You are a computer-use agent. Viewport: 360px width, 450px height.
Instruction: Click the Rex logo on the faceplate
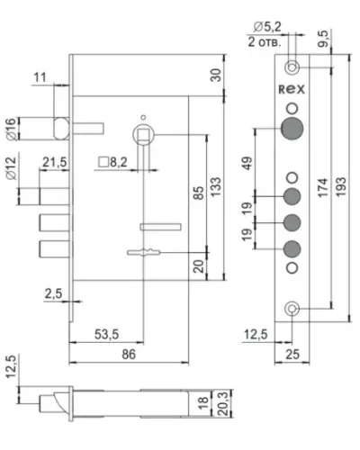pos(292,89)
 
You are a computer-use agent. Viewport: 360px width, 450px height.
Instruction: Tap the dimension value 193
pos(341,187)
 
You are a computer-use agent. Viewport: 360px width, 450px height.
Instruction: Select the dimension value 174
pos(323,188)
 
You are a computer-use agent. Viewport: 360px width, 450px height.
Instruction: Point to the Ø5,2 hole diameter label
pos(267,27)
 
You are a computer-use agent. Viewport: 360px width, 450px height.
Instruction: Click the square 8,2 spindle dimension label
pos(112,162)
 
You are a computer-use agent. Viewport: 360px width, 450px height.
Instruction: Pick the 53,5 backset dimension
pos(107,334)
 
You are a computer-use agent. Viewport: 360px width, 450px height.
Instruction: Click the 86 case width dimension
pos(129,355)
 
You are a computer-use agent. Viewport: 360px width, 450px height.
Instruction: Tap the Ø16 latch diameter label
pos(11,129)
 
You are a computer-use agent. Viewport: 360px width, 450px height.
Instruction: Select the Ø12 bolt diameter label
pos(11,168)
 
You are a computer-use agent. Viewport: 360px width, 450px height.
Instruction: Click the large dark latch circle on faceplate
pos(292,129)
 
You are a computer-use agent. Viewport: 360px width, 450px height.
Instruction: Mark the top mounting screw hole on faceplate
pos(292,67)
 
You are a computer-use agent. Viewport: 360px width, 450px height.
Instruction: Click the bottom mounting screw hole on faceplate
pos(292,309)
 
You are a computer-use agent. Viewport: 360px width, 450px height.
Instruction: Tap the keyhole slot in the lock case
pos(144,252)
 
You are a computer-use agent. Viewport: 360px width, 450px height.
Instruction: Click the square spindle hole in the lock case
pos(143,134)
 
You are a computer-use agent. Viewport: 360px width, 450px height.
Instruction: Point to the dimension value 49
pos(247,163)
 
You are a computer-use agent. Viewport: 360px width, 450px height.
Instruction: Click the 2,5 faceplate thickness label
pos(54,293)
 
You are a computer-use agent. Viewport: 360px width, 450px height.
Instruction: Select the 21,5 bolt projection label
pos(55,162)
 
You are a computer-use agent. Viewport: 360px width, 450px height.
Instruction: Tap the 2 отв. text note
pos(265,42)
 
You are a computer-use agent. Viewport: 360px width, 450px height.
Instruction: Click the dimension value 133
pos(216,187)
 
